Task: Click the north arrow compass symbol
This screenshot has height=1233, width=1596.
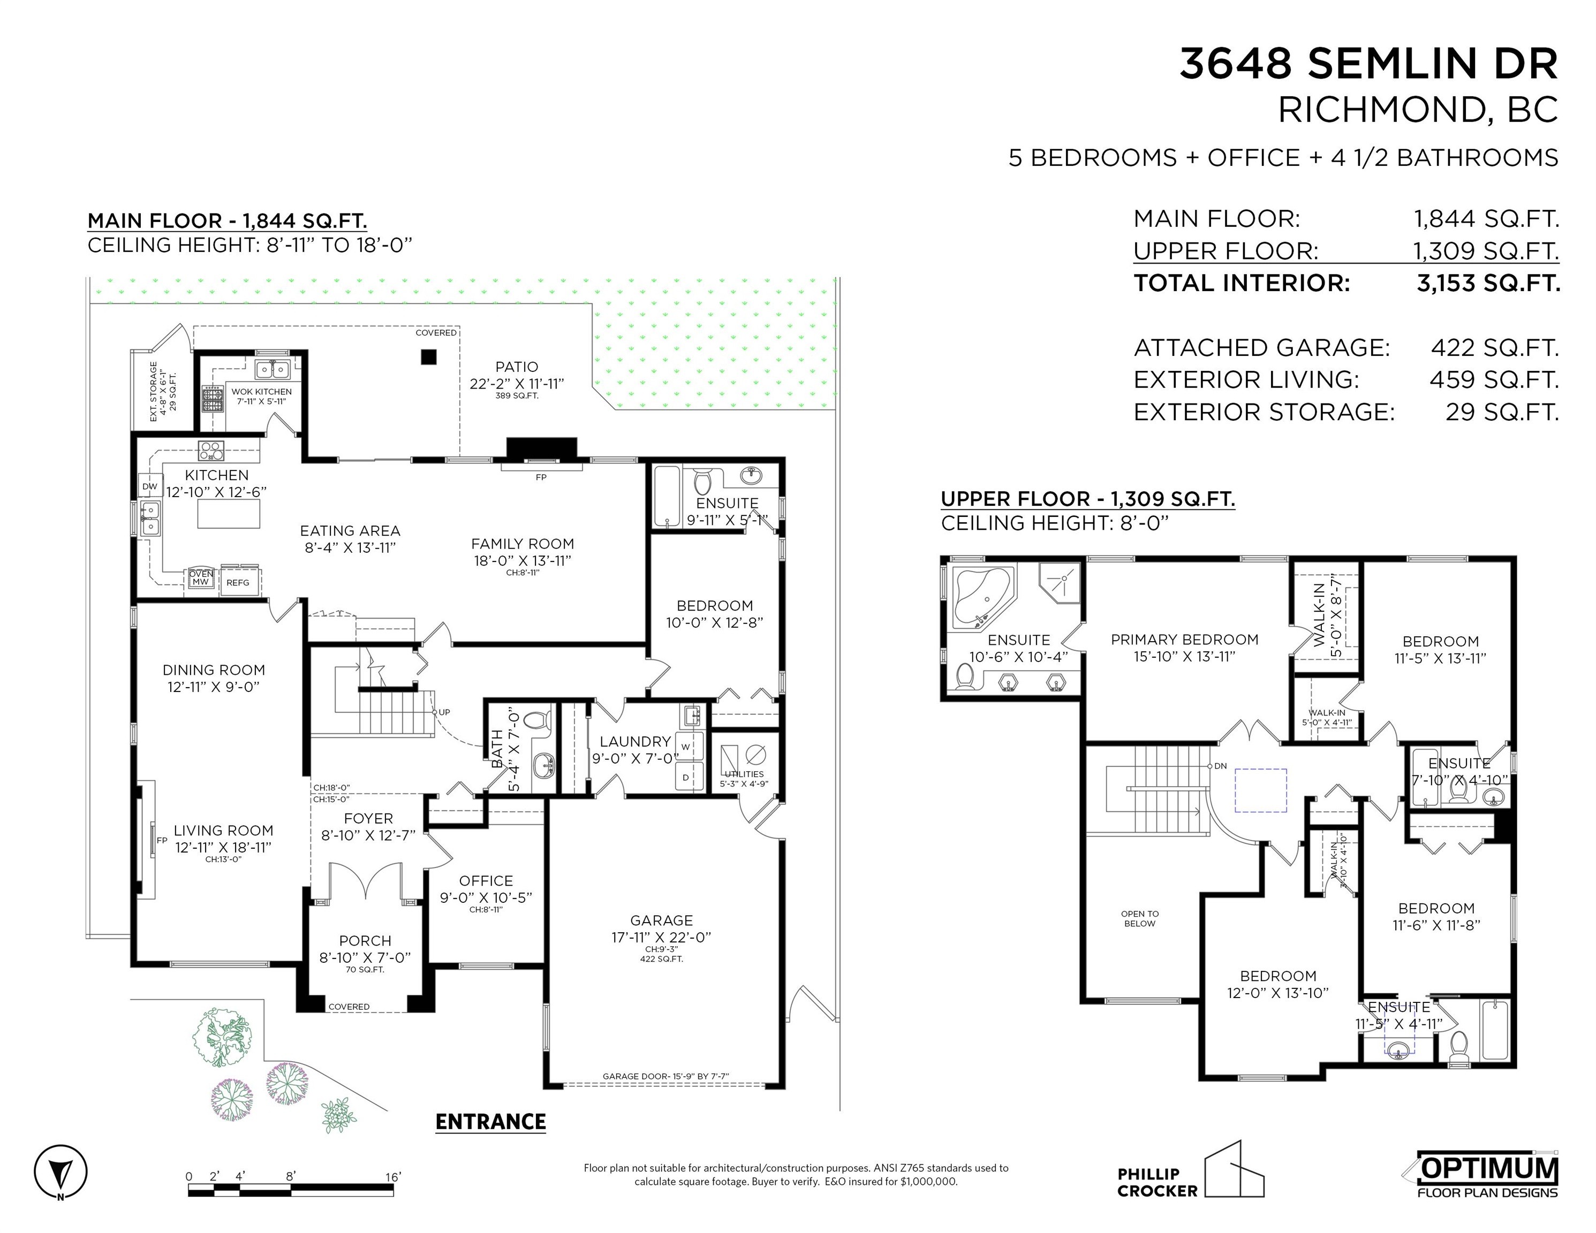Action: click(60, 1171)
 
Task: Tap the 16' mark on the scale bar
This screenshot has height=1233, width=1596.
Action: click(392, 1177)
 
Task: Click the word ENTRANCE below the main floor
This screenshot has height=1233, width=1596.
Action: click(490, 1122)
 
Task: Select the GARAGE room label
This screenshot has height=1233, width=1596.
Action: click(661, 920)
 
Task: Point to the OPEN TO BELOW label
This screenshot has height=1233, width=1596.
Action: click(1139, 918)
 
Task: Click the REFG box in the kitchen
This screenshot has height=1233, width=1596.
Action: click(238, 582)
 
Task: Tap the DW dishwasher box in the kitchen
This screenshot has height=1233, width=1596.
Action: click(149, 486)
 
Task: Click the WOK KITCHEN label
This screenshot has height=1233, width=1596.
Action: click(262, 392)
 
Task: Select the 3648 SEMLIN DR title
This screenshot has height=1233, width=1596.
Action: click(1368, 64)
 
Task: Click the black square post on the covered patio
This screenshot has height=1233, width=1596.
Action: click(428, 356)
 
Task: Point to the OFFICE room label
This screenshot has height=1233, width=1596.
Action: click(486, 881)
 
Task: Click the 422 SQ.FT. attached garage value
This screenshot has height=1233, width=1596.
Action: click(1494, 348)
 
